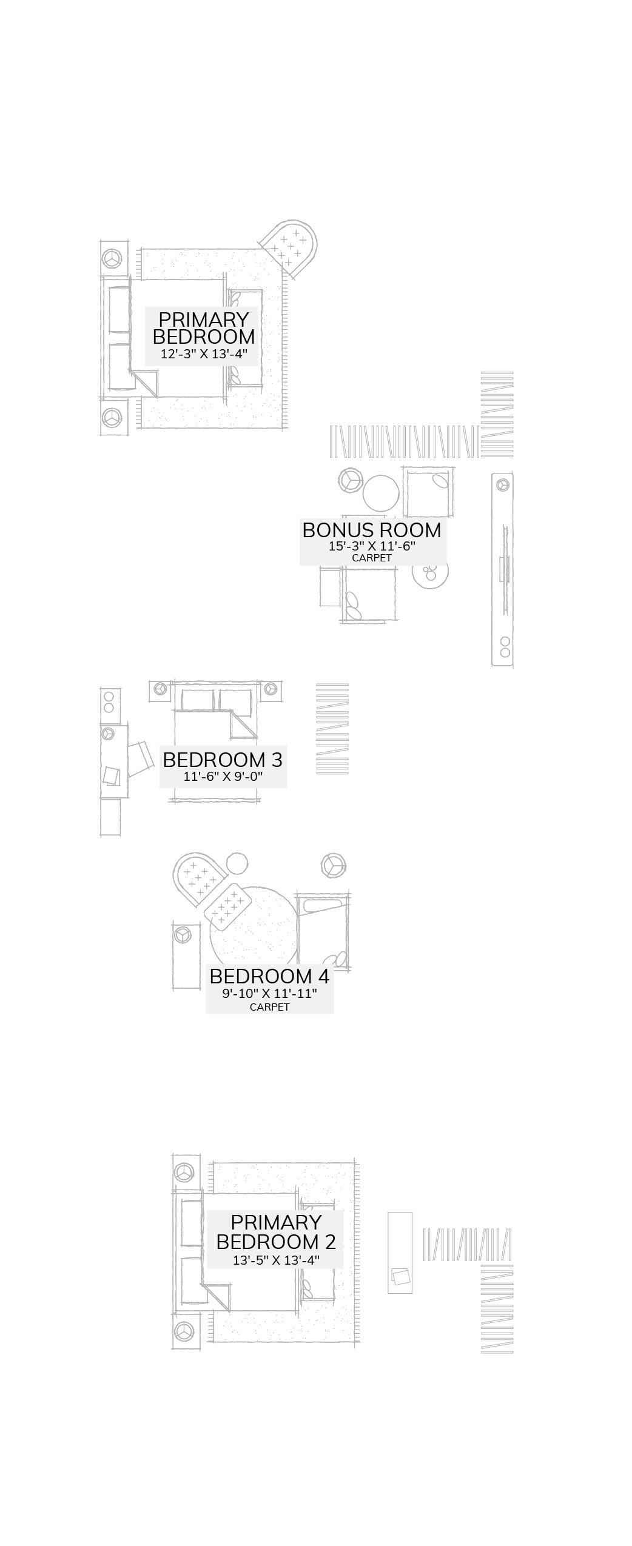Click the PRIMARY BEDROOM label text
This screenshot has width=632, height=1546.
[x=203, y=328]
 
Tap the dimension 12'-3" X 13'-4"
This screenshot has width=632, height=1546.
[x=204, y=354]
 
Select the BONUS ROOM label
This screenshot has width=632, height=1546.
[x=371, y=530]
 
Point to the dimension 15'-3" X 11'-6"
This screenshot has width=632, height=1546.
[x=372, y=546]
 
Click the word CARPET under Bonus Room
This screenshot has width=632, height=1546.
[x=372, y=558]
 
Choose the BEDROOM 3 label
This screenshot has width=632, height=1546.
[x=223, y=760]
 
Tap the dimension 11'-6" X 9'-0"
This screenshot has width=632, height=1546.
[x=223, y=777]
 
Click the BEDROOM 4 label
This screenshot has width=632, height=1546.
[x=269, y=976]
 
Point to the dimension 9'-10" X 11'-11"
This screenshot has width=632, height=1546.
[x=269, y=993]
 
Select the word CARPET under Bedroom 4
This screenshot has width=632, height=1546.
[x=269, y=1007]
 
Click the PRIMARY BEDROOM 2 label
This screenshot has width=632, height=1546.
[x=275, y=1232]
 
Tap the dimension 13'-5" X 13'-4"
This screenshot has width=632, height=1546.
[x=276, y=1260]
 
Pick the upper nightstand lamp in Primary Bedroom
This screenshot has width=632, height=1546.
[x=112, y=258]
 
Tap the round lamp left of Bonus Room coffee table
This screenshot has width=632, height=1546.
[x=351, y=481]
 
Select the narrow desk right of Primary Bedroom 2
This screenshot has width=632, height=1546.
[x=400, y=1253]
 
